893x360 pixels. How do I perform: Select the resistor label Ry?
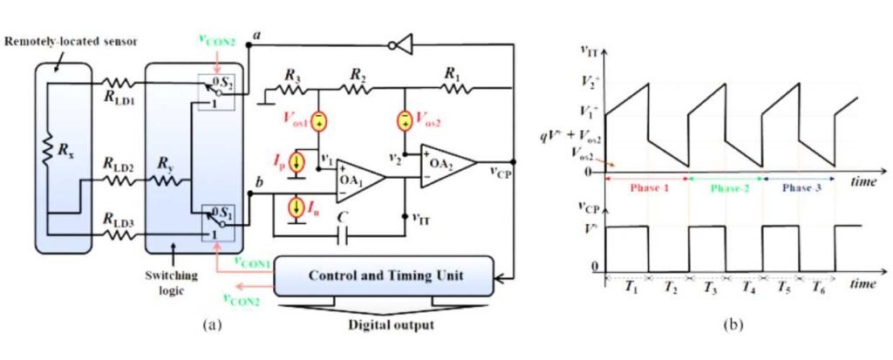(x=165, y=163)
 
